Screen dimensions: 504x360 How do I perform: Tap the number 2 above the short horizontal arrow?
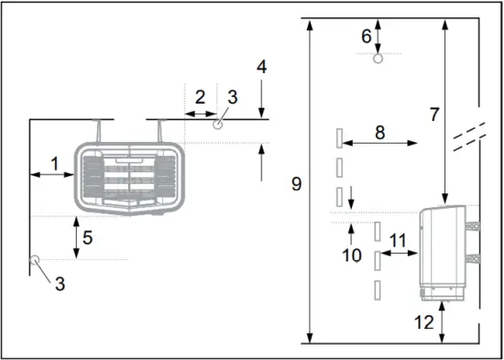click(x=200, y=97)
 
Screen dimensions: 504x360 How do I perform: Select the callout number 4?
click(x=262, y=67)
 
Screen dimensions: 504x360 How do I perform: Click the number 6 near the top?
click(x=366, y=36)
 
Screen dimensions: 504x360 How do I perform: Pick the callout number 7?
click(x=434, y=115)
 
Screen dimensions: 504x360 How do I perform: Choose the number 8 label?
click(x=378, y=131)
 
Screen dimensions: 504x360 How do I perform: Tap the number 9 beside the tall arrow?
click(x=296, y=184)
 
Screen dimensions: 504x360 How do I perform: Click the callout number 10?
click(x=352, y=256)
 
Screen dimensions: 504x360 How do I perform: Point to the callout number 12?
click(x=422, y=322)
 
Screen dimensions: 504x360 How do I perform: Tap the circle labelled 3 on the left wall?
click(x=35, y=260)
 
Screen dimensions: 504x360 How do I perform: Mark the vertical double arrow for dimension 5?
click(x=76, y=238)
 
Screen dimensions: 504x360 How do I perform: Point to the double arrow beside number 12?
click(x=444, y=322)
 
